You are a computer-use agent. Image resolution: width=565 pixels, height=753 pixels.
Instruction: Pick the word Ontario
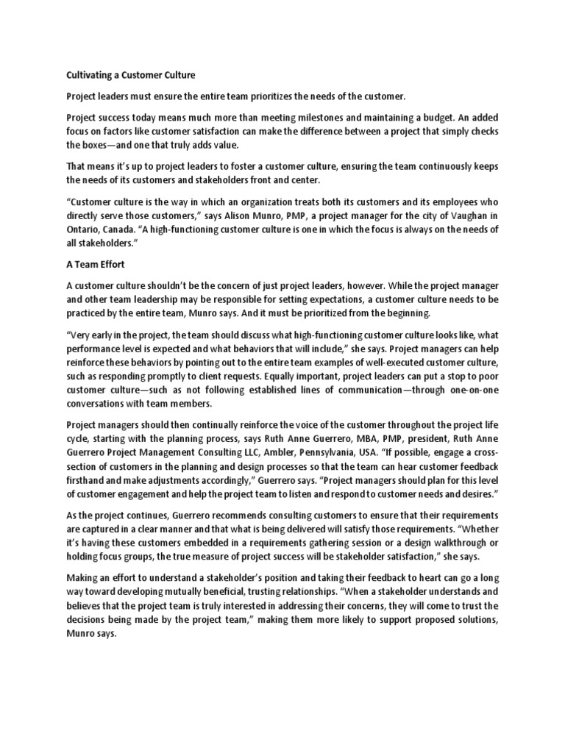[x=85, y=230]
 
